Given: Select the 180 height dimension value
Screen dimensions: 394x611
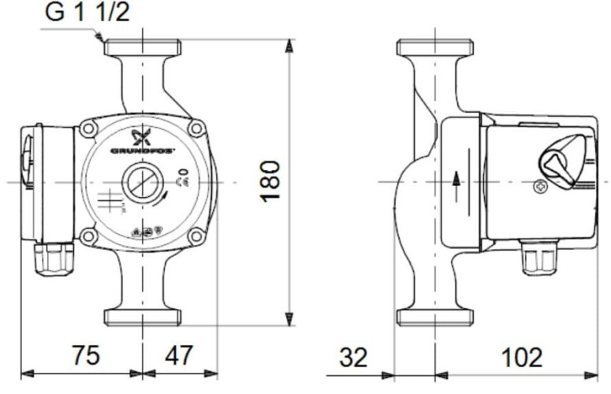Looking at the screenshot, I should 270,180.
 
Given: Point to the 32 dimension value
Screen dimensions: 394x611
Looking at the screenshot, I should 354,358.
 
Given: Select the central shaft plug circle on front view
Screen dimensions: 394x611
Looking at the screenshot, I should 143,183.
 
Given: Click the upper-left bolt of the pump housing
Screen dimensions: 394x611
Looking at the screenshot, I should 88,128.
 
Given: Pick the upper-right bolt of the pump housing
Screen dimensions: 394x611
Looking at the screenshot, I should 196,128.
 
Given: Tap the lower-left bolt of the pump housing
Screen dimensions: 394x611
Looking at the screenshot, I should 88,236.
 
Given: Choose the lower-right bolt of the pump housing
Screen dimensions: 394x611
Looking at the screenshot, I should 196,236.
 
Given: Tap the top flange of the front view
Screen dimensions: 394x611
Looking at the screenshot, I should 142,47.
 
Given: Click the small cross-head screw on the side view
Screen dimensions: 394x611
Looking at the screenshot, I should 540,187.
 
